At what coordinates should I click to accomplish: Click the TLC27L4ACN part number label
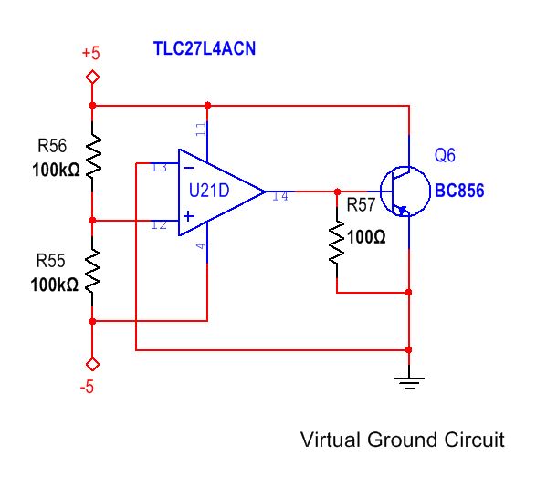pyautogui.click(x=204, y=48)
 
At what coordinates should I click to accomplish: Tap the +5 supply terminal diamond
pyautogui.click(x=91, y=78)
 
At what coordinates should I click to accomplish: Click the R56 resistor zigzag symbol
pyautogui.click(x=92, y=154)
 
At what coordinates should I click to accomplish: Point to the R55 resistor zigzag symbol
pyautogui.click(x=92, y=270)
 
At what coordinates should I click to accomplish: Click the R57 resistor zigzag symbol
pyautogui.click(x=336, y=243)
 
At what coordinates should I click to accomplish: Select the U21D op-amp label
pyautogui.click(x=209, y=192)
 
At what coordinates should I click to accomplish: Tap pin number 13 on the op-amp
pyautogui.click(x=159, y=167)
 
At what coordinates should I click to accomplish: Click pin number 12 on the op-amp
pyautogui.click(x=159, y=225)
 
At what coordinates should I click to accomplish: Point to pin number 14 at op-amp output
pyautogui.click(x=279, y=195)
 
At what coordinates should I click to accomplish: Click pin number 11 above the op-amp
pyautogui.click(x=201, y=130)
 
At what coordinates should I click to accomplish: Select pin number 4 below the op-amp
pyautogui.click(x=201, y=245)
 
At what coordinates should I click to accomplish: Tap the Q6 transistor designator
pyautogui.click(x=445, y=156)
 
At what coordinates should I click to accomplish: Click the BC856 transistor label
pyautogui.click(x=459, y=192)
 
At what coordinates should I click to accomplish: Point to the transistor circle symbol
pyautogui.click(x=405, y=192)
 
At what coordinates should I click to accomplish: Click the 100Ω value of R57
pyautogui.click(x=366, y=237)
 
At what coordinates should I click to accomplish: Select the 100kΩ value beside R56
pyautogui.click(x=54, y=170)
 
